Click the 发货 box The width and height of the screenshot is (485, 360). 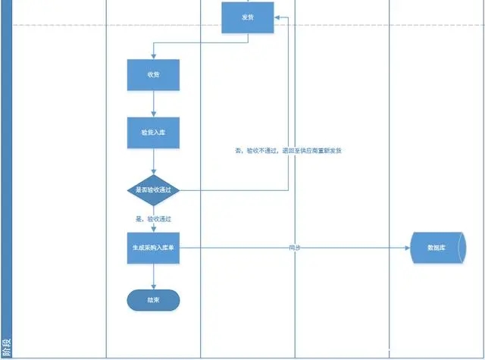tap(247, 17)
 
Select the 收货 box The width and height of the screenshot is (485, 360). tap(153, 75)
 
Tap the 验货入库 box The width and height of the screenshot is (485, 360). tap(153, 132)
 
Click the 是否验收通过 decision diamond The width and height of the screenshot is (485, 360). tap(153, 189)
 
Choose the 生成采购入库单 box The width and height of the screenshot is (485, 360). tap(153, 248)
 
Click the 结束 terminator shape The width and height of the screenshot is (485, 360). tap(153, 300)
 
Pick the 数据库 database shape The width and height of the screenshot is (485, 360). tap(436, 248)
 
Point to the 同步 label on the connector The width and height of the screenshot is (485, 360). tap(295, 248)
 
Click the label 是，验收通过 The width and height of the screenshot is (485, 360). tap(154, 218)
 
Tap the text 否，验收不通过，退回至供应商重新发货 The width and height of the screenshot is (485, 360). tap(289, 151)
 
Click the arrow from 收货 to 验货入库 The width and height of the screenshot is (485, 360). tap(153, 104)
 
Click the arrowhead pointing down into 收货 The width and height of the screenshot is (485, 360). tap(153, 57)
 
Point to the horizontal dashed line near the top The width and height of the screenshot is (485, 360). tap(341, 24)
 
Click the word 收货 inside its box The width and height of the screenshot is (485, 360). tap(153, 75)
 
